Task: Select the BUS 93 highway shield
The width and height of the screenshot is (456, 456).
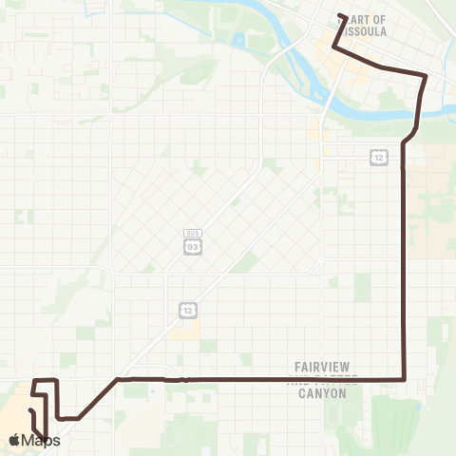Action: (x=193, y=246)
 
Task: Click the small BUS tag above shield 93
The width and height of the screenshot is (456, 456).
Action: (x=193, y=233)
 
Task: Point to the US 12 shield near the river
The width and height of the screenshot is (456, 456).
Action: (x=378, y=156)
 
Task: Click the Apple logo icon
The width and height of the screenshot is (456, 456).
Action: (x=16, y=440)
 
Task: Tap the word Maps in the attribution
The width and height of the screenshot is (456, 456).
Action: (x=42, y=440)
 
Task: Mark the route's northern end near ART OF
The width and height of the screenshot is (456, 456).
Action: (x=341, y=15)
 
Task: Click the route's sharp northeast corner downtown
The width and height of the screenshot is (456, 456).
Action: (x=425, y=75)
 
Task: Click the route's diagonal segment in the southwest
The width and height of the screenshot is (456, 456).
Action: (x=97, y=399)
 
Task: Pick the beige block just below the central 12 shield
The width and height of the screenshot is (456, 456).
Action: (x=187, y=331)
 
